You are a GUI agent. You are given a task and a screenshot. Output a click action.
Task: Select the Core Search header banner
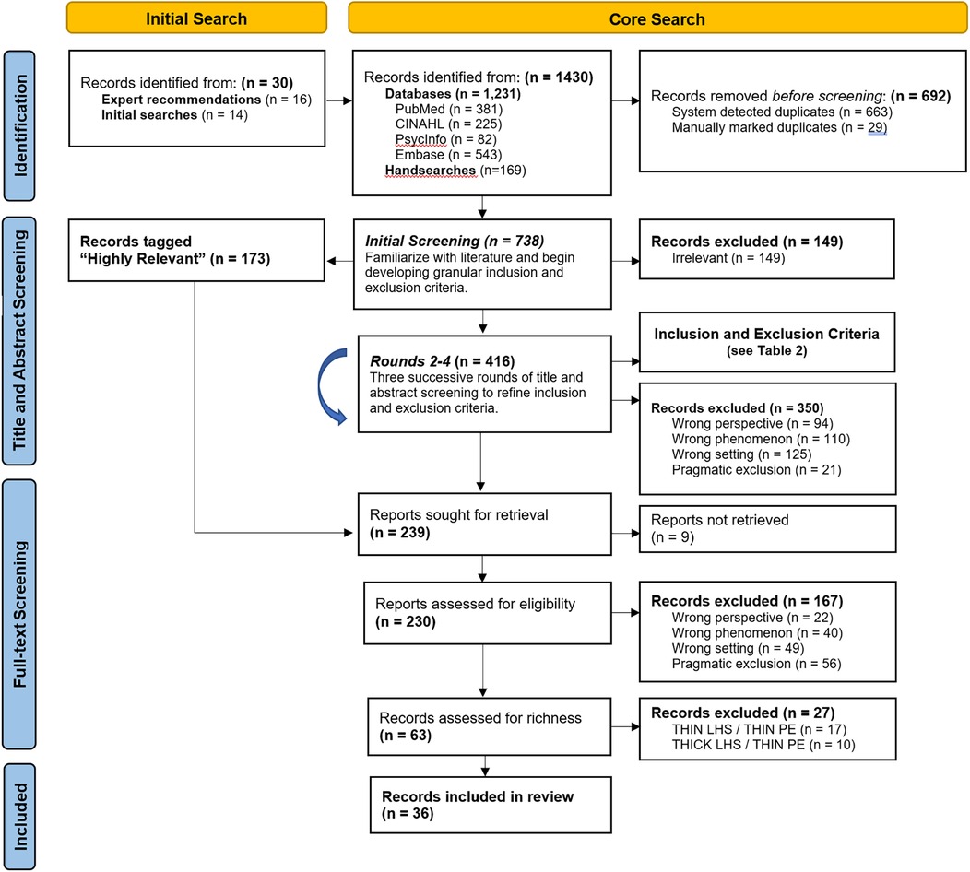[x=657, y=18]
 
